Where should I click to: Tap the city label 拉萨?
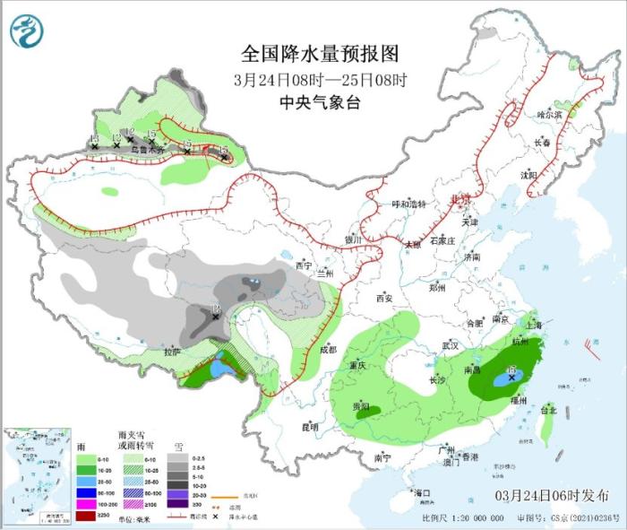pyautogui.click(x=172, y=352)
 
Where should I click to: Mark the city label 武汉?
pyautogui.click(x=450, y=345)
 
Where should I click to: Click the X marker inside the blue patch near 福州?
pyautogui.click(x=512, y=378)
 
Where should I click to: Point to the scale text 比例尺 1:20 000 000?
pyautogui.click(x=460, y=517)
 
